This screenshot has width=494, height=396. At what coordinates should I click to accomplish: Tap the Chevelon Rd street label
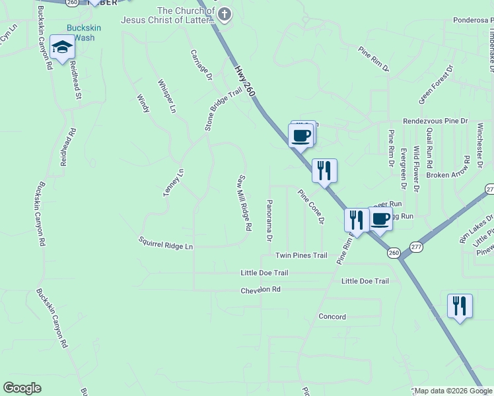[x=260, y=290]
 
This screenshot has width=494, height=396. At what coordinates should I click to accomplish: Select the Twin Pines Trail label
[x=301, y=255]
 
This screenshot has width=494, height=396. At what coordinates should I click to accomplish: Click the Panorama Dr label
[x=269, y=219]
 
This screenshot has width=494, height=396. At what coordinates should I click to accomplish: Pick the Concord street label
[x=332, y=317]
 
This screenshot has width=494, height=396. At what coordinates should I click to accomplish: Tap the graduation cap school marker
[x=63, y=47]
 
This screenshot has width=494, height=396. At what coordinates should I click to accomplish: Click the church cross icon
[x=225, y=13]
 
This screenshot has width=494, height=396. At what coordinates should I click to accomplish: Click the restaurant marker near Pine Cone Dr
[x=324, y=170]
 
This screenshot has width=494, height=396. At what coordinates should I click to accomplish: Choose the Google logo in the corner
[x=22, y=388]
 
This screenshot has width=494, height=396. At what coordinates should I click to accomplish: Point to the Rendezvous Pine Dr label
[x=435, y=121]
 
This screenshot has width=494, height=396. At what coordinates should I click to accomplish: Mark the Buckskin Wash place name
[x=81, y=33]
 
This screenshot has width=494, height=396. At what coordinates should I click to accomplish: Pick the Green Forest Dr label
[x=437, y=84]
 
